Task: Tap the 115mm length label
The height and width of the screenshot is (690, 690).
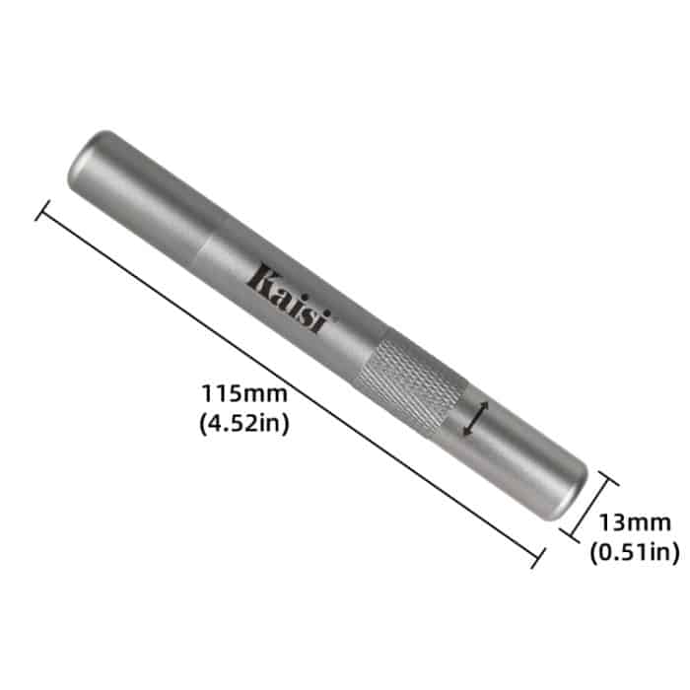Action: coord(244,393)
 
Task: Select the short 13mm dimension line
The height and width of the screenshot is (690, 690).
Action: coord(589,509)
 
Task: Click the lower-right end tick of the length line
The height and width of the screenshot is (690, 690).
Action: coord(538,559)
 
